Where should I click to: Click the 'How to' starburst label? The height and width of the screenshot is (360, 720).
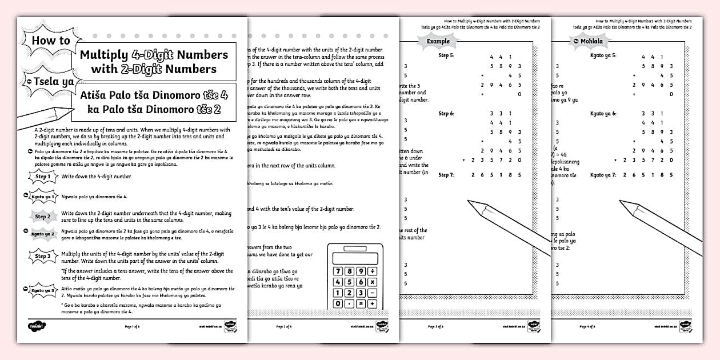pos(51,41)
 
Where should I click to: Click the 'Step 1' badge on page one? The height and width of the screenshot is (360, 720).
pos(43,177)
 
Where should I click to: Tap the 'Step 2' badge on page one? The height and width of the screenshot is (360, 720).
pos(43,217)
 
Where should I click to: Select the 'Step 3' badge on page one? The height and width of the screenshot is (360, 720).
pos(43,257)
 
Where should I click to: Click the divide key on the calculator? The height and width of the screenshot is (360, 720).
pos(372,271)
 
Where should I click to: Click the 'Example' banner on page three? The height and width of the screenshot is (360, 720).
pos(438,41)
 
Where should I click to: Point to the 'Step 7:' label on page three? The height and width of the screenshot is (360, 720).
pos(446,175)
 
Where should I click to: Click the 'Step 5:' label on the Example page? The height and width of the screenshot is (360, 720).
pos(446,55)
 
